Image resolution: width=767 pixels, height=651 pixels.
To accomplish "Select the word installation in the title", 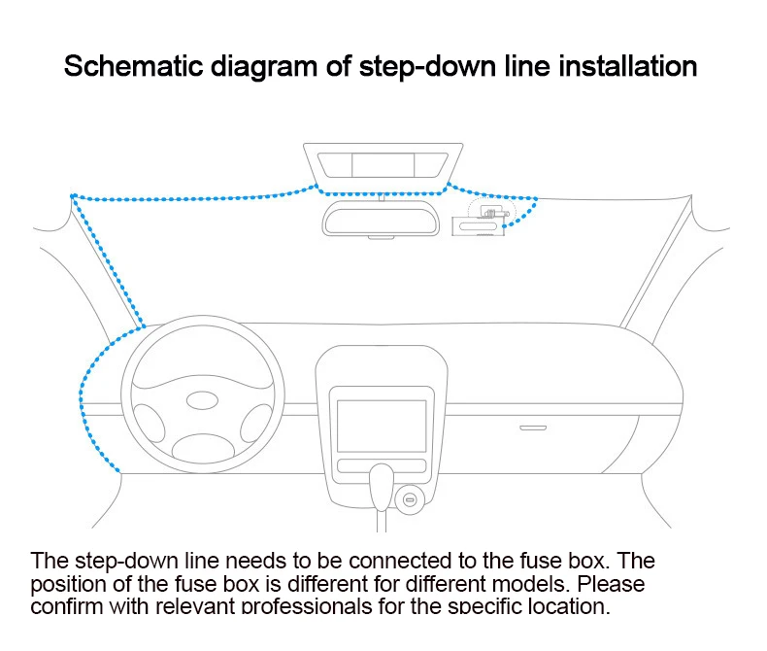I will [x=626, y=67].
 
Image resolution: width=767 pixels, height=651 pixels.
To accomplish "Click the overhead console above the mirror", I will [x=383, y=162].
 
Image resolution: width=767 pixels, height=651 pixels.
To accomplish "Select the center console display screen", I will [x=382, y=424].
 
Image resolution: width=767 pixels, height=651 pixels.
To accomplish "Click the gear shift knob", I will [x=382, y=482].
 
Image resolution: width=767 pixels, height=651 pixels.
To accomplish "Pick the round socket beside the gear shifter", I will [x=411, y=500].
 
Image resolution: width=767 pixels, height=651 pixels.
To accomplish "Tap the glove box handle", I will [x=532, y=427].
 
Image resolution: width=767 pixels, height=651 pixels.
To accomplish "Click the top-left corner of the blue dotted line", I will [x=73, y=196].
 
